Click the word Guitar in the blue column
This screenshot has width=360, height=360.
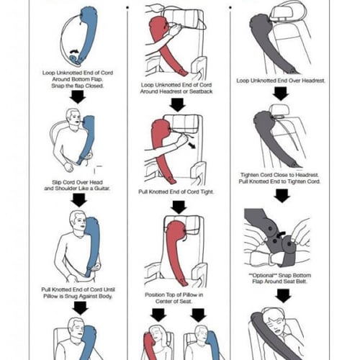click(x=102, y=189)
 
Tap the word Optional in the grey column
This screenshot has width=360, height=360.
click(x=264, y=275)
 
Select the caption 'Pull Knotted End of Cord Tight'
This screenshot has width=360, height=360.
click(x=176, y=192)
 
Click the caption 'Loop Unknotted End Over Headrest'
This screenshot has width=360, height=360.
click(x=281, y=81)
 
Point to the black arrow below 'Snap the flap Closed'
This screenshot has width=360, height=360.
click(x=78, y=97)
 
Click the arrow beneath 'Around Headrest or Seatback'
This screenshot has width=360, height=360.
click(x=178, y=105)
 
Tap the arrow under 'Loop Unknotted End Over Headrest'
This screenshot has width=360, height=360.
click(x=281, y=94)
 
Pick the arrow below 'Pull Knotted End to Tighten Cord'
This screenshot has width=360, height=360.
click(x=282, y=196)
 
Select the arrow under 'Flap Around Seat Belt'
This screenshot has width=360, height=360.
click(x=283, y=296)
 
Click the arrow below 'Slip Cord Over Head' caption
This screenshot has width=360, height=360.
click(x=79, y=200)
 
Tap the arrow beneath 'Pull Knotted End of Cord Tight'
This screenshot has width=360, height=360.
click(x=179, y=207)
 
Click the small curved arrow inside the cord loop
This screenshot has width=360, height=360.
click(x=74, y=51)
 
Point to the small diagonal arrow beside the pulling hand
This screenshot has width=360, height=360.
click(x=192, y=145)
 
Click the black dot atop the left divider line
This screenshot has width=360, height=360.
click(x=127, y=8)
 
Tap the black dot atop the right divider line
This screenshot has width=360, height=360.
click(x=230, y=8)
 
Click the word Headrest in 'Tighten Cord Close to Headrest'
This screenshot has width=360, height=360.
click(x=307, y=175)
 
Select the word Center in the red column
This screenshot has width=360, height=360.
click(x=163, y=301)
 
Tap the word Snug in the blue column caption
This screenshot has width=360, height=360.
click(x=71, y=296)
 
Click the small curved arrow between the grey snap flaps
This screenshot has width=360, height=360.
click(x=281, y=234)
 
